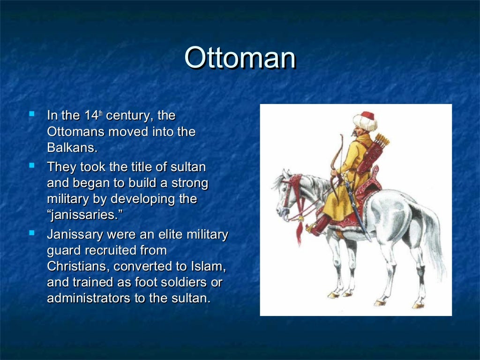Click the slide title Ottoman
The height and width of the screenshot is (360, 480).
tap(240, 58)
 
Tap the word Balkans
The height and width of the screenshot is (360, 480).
tap(72, 148)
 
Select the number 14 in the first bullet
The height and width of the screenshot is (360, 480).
tap(90, 116)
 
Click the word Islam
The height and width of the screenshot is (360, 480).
tap(208, 266)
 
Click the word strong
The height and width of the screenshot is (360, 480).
tap(189, 183)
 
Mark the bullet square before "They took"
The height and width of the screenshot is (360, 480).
tap(31, 165)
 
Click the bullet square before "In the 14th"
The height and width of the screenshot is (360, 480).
tap(31, 113)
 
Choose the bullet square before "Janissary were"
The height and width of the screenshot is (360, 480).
tap(31, 232)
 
